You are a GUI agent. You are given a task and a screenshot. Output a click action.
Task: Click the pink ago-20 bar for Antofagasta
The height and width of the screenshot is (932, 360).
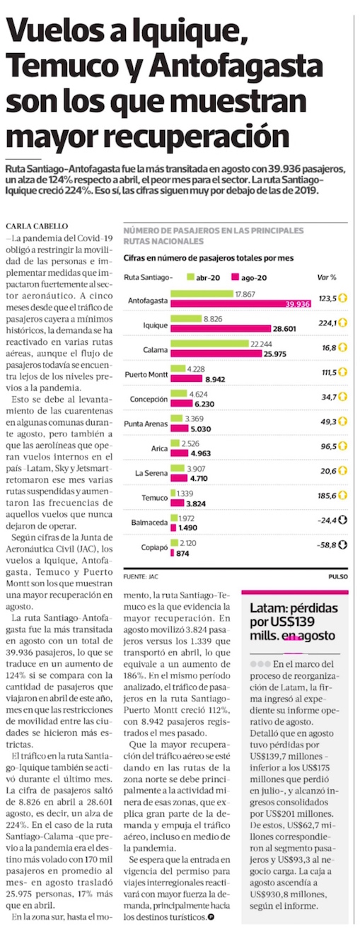point(241,304)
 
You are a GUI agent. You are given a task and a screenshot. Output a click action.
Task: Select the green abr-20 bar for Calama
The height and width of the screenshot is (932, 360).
point(210,344)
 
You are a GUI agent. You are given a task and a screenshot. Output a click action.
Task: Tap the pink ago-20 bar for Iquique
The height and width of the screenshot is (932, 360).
point(221,329)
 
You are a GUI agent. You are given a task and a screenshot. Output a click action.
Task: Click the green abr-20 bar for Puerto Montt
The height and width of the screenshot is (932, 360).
point(178,368)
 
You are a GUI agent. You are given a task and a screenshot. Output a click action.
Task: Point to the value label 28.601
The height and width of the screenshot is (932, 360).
point(284,329)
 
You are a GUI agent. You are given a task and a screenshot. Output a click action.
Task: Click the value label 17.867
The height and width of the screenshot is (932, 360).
point(245,294)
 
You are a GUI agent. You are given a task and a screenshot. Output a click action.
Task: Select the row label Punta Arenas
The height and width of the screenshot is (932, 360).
point(146,424)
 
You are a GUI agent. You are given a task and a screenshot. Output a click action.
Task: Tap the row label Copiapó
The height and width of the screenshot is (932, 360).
point(154,547)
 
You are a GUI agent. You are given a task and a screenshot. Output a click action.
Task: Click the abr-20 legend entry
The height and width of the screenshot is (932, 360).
point(204,277)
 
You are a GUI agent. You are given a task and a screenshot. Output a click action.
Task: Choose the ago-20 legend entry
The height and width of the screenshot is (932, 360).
point(249,277)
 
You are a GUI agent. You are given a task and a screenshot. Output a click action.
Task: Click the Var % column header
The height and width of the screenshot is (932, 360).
point(327,277)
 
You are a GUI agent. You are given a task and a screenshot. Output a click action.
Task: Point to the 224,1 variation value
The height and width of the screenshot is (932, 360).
point(327,323)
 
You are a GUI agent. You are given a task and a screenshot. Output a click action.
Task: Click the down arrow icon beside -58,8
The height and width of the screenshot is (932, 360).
point(342,544)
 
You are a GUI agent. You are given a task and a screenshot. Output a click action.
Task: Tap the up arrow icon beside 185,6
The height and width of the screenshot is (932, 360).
point(342,495)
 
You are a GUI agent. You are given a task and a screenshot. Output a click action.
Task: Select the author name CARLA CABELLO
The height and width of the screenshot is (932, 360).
point(37,226)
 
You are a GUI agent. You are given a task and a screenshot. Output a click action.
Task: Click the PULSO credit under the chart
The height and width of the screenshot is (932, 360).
point(338,577)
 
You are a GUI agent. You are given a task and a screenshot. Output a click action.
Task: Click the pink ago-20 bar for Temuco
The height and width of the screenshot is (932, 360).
point(178,503)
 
